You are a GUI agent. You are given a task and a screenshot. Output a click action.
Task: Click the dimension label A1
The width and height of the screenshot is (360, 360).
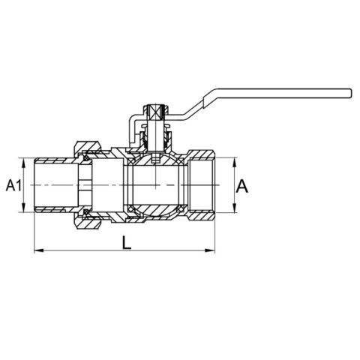click(14, 185)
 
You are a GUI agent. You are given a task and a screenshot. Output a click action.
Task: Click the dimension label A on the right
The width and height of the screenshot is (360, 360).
click(242, 186)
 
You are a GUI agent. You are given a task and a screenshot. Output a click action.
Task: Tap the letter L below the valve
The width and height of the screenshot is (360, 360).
click(127, 243)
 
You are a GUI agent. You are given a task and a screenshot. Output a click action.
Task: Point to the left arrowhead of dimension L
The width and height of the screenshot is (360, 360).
click(39, 250)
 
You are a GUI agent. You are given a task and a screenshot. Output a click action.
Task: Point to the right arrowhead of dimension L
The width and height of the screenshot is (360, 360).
click(210, 250)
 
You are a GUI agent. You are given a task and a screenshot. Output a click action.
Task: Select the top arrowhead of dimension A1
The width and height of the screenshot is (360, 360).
click(23, 163)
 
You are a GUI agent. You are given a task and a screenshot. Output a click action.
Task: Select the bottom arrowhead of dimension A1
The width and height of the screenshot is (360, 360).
click(23, 207)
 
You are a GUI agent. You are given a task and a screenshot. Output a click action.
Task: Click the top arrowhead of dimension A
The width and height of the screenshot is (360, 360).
click(235, 163)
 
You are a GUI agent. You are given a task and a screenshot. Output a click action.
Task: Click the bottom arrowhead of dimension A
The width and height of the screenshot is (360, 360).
click(235, 208)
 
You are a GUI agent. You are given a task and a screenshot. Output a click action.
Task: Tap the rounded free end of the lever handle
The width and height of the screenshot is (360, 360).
click(350, 93)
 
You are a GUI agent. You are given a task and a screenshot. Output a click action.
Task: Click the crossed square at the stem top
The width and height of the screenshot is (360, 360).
click(155, 112)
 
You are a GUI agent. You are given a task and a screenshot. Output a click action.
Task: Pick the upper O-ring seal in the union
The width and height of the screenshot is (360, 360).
click(86, 158)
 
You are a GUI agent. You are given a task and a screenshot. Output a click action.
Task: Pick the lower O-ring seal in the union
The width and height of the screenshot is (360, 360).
click(86, 212)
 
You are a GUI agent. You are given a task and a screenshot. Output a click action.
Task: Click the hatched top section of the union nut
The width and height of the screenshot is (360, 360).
click(88, 146)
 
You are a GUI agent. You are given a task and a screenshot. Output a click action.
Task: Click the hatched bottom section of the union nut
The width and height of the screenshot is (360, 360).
click(88, 223)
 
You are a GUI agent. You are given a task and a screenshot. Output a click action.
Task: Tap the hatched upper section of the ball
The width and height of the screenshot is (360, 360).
click(155, 160)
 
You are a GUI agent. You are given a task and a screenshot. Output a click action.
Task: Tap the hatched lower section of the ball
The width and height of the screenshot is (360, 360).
click(155, 210)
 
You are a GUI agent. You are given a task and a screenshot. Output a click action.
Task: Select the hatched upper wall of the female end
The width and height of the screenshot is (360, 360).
click(201, 155)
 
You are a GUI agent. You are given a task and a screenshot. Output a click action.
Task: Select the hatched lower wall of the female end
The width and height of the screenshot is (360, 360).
click(201, 214)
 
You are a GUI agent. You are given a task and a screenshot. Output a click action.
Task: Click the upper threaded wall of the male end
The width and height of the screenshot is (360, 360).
click(56, 160)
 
